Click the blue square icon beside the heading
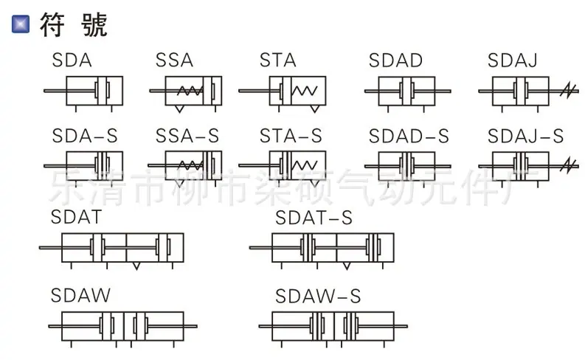[x=21, y=24]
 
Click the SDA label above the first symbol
[x=72, y=60]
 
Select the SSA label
[x=174, y=60]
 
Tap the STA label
[x=278, y=60]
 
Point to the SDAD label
[x=395, y=60]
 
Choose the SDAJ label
[x=512, y=60]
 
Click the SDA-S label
[x=85, y=136]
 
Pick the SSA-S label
[x=187, y=136]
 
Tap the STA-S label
[x=291, y=136]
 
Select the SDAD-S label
[x=409, y=136]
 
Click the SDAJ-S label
[x=525, y=136]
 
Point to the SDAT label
[x=76, y=217]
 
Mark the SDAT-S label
[x=314, y=218]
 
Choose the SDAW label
[x=80, y=296]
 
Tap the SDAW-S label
[x=318, y=297]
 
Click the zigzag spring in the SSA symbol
[x=190, y=91]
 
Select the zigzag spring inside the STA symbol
[x=305, y=91]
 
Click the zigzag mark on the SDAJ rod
[x=568, y=91]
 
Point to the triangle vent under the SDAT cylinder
[x=136, y=266]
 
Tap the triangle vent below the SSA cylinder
[x=179, y=108]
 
